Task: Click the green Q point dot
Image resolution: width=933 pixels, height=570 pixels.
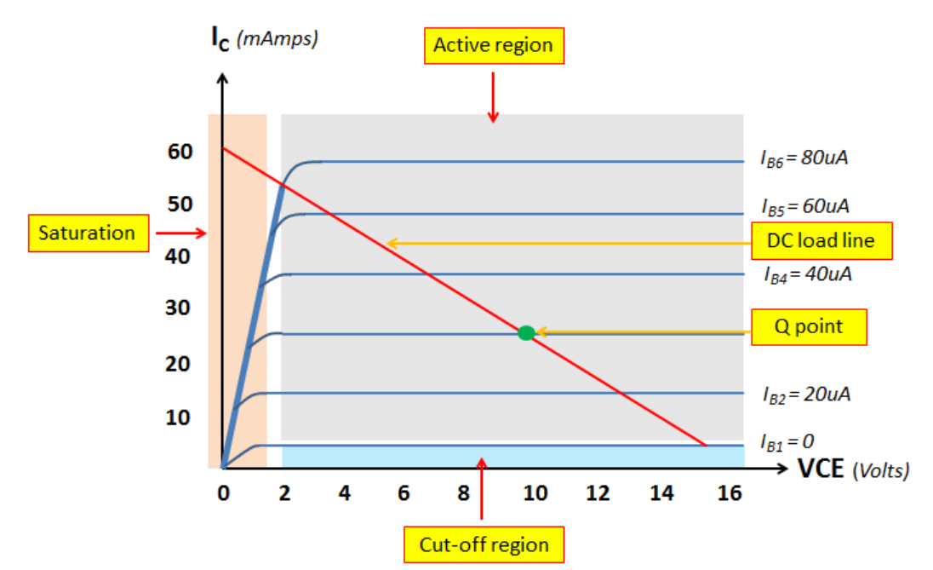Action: [x=526, y=333]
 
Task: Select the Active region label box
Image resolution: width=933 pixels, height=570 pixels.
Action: [x=494, y=45]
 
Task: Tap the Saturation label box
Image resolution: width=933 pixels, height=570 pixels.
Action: [x=86, y=233]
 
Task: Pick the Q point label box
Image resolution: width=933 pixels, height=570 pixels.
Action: [x=808, y=326]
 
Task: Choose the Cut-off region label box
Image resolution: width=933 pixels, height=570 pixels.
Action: [x=484, y=544]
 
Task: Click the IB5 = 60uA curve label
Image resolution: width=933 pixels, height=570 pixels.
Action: [x=804, y=206]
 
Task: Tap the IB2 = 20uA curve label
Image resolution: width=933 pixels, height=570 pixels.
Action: [x=805, y=394]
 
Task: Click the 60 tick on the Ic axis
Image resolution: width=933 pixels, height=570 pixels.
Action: [x=180, y=153]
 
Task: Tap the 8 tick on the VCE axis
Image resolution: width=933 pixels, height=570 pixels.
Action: [x=463, y=494]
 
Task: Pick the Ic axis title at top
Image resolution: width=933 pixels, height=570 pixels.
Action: [x=264, y=40]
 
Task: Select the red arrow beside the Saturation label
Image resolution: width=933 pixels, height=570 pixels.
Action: [x=180, y=232]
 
